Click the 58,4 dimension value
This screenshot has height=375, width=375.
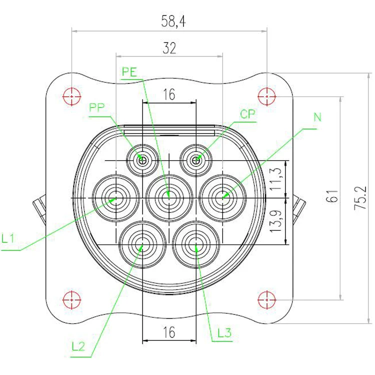click(170, 21)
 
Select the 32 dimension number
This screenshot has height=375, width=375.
click(170, 48)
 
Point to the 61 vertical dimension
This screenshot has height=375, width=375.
click(330, 196)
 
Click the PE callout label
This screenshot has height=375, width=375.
click(129, 71)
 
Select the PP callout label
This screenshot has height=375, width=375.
click(97, 107)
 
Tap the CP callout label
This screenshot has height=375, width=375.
click(247, 114)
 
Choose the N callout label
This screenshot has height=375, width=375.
click(317, 118)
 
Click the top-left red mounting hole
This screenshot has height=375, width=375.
click(72, 95)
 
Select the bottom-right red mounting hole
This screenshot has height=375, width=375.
click(267, 300)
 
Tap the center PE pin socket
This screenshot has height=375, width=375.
click(169, 197)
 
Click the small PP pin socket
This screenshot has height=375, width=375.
click(142, 160)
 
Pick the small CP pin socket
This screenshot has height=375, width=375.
click(196, 160)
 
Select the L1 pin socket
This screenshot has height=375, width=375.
click(115, 197)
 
